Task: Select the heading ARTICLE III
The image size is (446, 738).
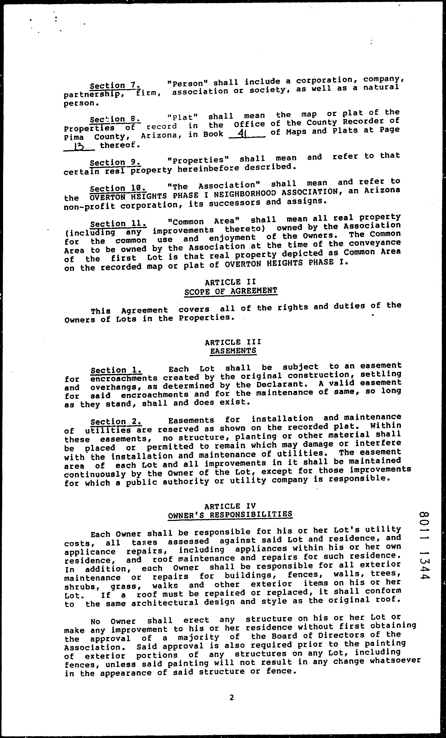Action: coord(233,342)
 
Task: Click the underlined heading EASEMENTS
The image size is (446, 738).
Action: coord(233,351)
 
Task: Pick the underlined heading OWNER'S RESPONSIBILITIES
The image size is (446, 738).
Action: coord(230,515)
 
